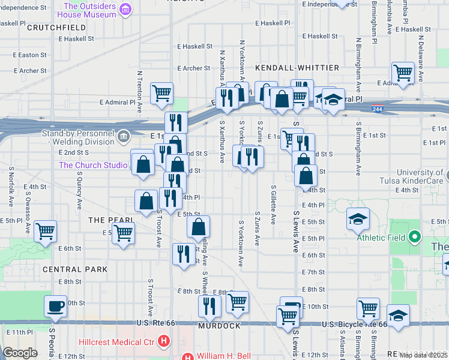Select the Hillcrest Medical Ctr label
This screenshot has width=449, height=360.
pyautogui.click(x=118, y=343)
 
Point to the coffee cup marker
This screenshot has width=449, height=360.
pyautogui.click(x=56, y=307)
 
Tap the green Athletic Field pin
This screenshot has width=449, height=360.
pyautogui.click(x=414, y=237)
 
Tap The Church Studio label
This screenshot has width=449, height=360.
pyautogui.click(x=93, y=165)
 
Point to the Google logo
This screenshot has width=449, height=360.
pyautogui.click(x=20, y=353)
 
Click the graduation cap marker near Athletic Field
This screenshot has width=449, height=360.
pyautogui.click(x=357, y=220)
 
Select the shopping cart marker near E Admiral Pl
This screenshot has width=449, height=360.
pyautogui.click(x=161, y=93)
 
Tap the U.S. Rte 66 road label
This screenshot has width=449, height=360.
pyautogui.click(x=155, y=323)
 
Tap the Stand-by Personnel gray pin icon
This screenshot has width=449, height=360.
pyautogui.click(x=123, y=137)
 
